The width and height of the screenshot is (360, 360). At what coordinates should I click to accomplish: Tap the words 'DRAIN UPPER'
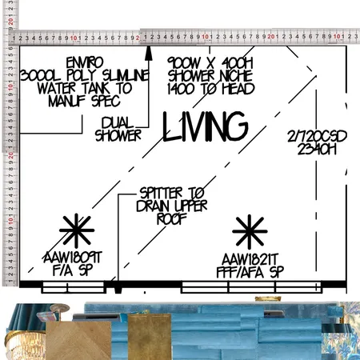(172, 206)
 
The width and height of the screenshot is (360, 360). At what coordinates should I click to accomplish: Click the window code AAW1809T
(73, 258)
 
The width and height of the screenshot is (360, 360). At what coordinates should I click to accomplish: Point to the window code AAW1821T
(251, 258)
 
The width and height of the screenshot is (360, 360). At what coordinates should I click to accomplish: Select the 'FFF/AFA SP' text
(251, 271)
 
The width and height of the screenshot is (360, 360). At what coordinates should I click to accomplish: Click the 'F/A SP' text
(73, 271)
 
